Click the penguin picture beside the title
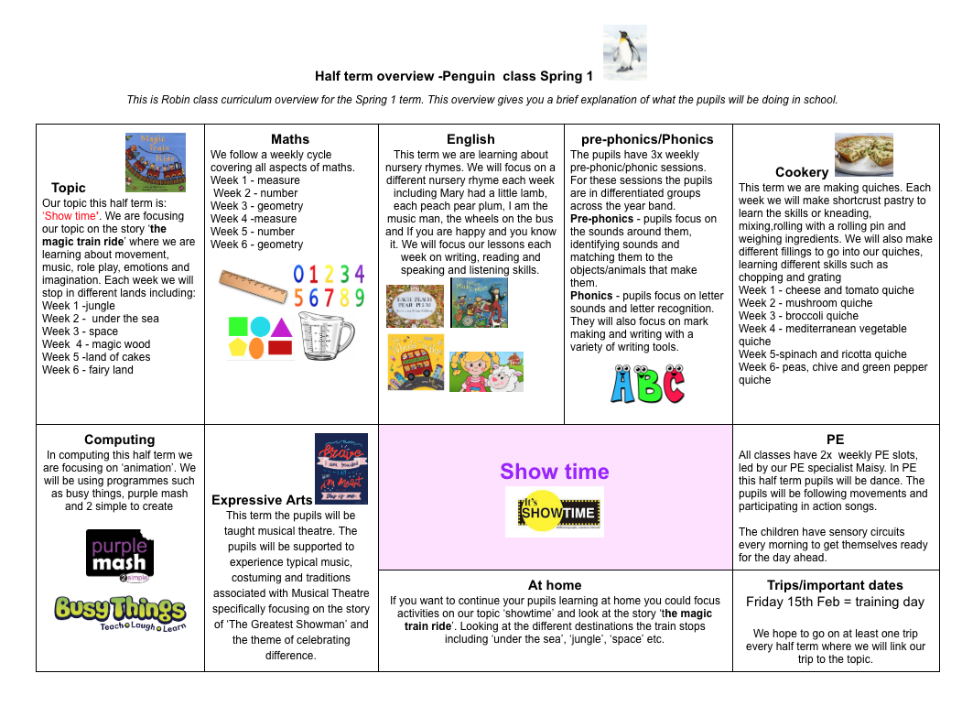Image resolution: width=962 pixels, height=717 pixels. click(x=625, y=49)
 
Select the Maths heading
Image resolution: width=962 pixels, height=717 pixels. click(x=290, y=139)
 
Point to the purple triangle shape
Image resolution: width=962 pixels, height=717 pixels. click(x=282, y=326)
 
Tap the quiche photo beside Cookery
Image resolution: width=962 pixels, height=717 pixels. click(x=863, y=154)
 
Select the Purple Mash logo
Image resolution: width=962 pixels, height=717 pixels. click(x=120, y=555)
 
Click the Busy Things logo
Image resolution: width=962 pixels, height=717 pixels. click(x=120, y=613)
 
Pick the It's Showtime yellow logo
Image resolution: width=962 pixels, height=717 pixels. click(x=555, y=512)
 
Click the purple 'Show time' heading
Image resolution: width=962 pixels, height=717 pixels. click(x=555, y=472)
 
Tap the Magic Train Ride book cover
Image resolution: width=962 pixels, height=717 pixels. click(x=156, y=162)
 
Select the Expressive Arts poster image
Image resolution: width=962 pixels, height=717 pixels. click(x=341, y=469)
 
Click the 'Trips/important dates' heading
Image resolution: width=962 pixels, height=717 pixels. click(x=835, y=585)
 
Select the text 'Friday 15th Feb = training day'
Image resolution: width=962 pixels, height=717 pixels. click(x=835, y=602)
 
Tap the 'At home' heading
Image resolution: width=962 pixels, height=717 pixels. click(x=555, y=585)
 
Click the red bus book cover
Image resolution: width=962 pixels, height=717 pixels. click(x=416, y=362)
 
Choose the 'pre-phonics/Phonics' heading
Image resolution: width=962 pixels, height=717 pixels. click(x=647, y=139)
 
